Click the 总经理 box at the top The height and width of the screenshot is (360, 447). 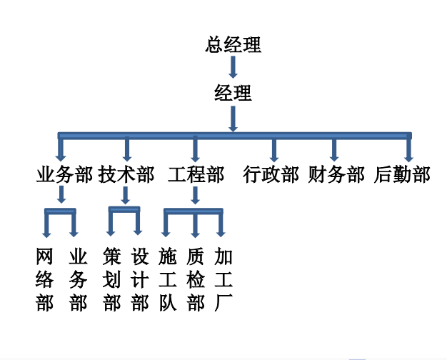[233, 45]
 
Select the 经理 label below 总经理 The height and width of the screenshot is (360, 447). [233, 94]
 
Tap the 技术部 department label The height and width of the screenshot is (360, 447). [126, 175]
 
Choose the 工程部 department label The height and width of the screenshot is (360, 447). [195, 175]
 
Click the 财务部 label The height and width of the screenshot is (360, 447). [336, 175]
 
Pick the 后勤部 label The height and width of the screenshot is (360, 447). [403, 175]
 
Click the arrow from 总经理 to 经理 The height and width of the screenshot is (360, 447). [233, 68]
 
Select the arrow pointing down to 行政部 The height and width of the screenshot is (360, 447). [274, 149]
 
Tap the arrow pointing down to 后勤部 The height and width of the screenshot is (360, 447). [408, 149]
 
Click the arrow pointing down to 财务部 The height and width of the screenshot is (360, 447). [333, 149]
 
